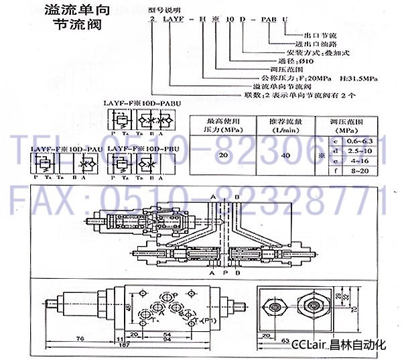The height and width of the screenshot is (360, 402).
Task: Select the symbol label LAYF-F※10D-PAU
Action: click(x=58, y=148)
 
